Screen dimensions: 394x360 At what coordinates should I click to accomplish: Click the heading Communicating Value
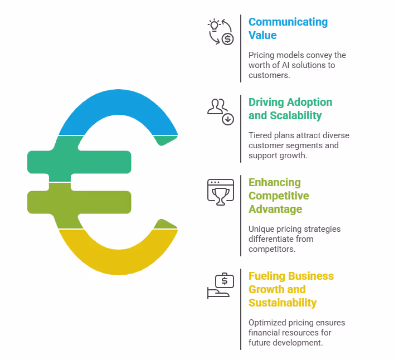point(288,28)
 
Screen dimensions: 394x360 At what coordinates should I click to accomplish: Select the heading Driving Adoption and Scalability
point(290,109)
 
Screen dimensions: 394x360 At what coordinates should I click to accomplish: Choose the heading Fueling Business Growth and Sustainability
point(290,289)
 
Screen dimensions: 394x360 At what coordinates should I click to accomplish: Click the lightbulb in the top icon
point(213,25)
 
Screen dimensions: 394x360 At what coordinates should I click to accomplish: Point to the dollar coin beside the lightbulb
point(227,38)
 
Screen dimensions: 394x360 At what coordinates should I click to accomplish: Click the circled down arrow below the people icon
point(228,119)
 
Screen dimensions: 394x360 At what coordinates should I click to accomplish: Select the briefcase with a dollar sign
point(225,280)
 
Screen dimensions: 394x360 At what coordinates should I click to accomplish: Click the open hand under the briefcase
point(217,293)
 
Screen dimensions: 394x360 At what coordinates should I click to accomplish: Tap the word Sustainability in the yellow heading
point(283,303)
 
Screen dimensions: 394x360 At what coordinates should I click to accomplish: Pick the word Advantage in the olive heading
point(275,209)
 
